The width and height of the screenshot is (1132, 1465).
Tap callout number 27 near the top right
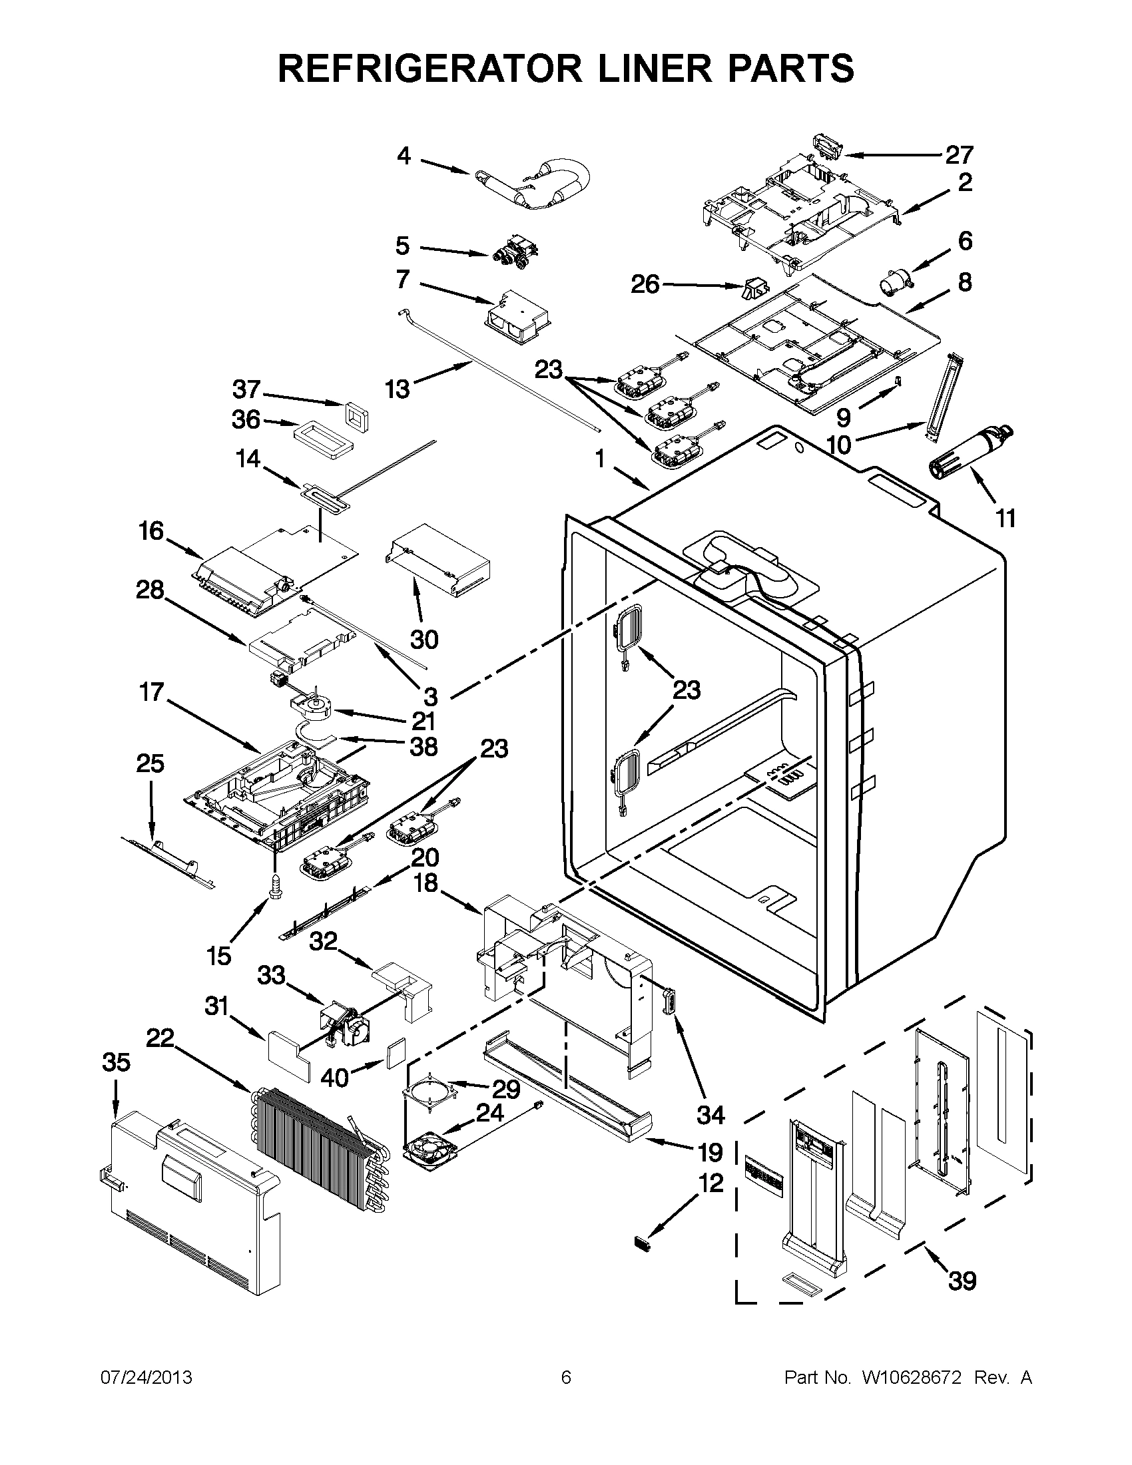(959, 156)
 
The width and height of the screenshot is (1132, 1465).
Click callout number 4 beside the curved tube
(404, 156)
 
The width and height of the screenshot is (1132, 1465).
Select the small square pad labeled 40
(395, 1052)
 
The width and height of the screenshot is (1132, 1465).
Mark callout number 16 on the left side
(151, 530)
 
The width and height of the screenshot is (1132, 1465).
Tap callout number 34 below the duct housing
(710, 1115)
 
